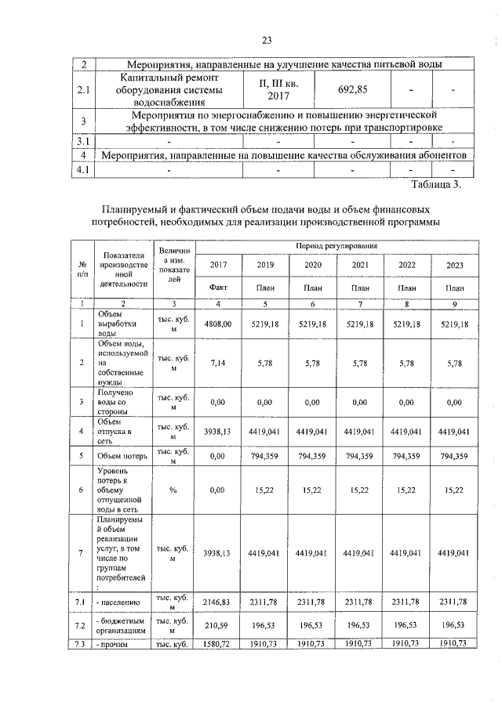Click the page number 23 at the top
click(266, 41)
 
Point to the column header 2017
click(218, 265)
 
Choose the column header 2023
click(454, 265)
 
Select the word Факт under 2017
click(218, 288)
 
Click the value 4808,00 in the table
click(218, 323)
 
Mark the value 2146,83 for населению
click(218, 602)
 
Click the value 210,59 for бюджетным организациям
click(218, 626)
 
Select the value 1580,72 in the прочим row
click(218, 643)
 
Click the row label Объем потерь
click(119, 456)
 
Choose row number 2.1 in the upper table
click(83, 90)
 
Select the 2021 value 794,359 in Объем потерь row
click(360, 456)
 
